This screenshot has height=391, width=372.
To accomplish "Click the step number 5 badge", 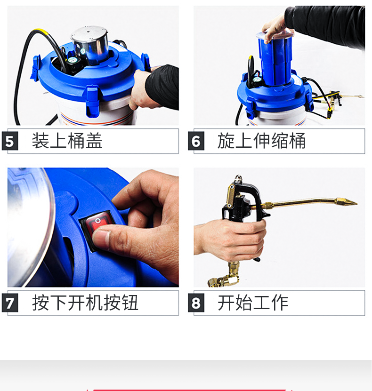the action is coord(10,141).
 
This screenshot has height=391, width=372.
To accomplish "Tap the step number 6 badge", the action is coord(196,141).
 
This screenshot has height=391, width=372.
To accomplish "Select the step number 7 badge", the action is coord(10,303).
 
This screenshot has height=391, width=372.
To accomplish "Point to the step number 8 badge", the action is coord(196,303).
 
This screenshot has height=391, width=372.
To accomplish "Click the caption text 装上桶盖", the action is coord(67,141).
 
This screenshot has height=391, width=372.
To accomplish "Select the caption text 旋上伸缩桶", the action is coord(261,141).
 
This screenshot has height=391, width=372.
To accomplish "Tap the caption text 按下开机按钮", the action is coord(85,303).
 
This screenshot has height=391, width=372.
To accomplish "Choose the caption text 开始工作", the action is coord(253,303).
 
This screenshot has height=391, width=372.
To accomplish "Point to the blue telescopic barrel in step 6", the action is coord(275,59).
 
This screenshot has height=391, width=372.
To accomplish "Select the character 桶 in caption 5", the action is coord(76,141).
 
